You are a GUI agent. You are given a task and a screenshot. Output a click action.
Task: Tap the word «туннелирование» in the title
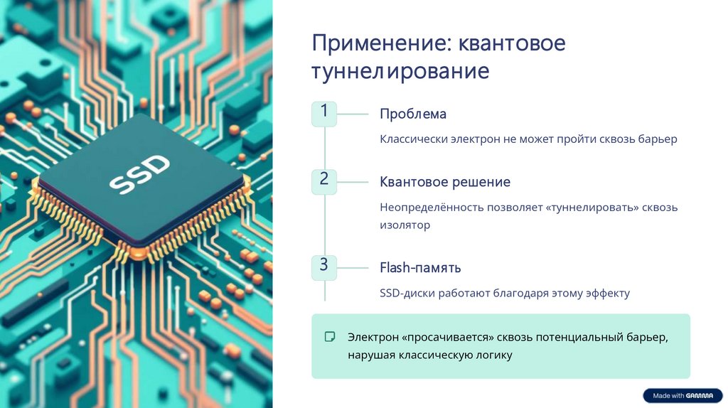coord(400,72)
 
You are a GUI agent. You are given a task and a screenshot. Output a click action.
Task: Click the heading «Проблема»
coord(412,114)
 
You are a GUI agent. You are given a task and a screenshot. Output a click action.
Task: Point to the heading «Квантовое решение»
coord(445,182)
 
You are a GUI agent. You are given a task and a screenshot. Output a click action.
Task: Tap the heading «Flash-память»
coord(420,268)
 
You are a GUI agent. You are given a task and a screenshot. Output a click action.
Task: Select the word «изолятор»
coord(405,225)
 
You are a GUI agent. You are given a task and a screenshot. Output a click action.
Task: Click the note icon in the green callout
coord(330,336)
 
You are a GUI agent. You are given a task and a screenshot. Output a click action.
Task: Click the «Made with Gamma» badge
coord(682,396)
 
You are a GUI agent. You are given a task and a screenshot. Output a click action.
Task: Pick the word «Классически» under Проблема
coord(413,139)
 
